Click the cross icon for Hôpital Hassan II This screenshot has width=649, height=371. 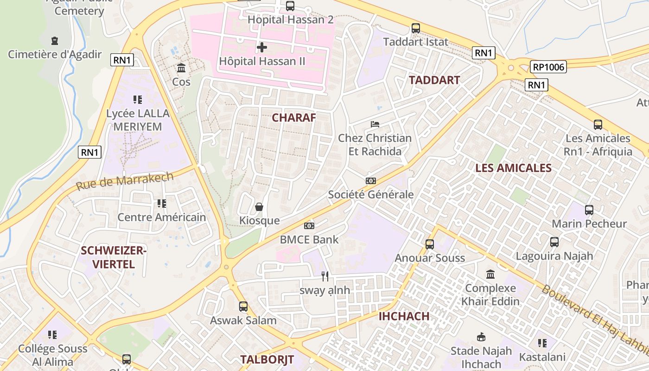pos(262,47)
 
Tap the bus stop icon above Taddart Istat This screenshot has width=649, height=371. pos(416,28)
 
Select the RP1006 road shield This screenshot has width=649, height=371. pos(548,67)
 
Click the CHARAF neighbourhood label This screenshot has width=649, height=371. pos(293,118)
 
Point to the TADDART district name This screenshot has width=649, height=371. pos(434,80)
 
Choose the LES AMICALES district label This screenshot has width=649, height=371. pos(513,168)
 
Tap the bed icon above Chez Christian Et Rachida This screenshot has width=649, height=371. pos(375,124)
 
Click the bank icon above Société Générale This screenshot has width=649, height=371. pos(370,181)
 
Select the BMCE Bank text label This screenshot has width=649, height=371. pos(309,240)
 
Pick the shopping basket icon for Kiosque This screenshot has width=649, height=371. pos(259,207)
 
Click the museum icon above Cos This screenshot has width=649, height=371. pos(181,69)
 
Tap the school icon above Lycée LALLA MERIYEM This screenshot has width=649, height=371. pos(137,99)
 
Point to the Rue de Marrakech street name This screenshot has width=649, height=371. pos(125,181)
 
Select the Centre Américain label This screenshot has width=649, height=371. pos(161,217)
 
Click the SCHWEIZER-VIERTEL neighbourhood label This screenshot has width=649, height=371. pos(114,257)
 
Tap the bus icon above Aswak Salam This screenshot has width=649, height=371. pos(243,307)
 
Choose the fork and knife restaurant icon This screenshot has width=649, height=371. pos(325,276)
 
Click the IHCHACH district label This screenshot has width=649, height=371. pos(404,316)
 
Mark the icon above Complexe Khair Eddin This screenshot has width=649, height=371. pos(490,275)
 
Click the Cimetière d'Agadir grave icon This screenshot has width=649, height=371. pos(55,41)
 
